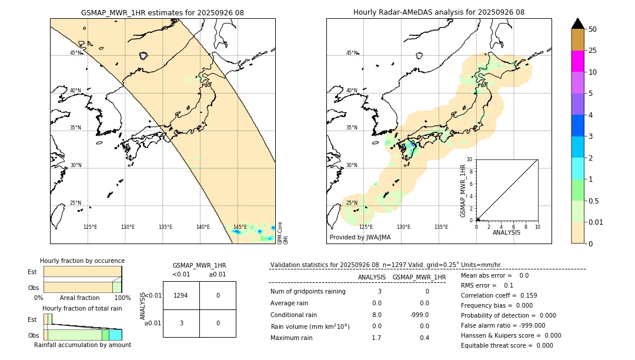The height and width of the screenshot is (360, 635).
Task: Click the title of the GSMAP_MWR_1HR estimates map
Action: pyautogui.click(x=162, y=12)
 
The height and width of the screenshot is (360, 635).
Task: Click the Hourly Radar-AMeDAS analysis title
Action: pyautogui.click(x=439, y=12)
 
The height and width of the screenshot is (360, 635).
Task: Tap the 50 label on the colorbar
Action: pyautogui.click(x=593, y=29)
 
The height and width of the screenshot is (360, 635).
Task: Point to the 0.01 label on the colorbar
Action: pyautogui.click(x=596, y=222)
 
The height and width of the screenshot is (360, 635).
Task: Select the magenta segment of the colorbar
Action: pyautogui.click(x=577, y=61)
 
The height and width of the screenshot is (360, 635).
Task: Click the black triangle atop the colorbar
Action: pyautogui.click(x=577, y=24)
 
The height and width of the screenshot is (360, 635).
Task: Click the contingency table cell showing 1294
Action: pyautogui.click(x=181, y=295)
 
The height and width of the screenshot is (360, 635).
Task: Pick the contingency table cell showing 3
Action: pyautogui.click(x=181, y=323)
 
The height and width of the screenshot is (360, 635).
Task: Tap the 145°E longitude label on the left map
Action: pyautogui.click(x=240, y=227)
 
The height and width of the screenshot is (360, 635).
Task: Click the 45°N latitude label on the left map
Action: pyautogui.click(x=76, y=53)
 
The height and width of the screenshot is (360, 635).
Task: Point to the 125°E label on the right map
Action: pyautogui.click(x=366, y=227)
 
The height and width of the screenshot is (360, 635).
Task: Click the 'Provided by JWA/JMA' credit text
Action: pyautogui.click(x=360, y=238)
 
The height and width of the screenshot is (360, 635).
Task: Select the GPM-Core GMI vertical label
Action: pyautogui.click(x=282, y=233)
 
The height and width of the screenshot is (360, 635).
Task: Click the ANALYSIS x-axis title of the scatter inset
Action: pyautogui.click(x=506, y=232)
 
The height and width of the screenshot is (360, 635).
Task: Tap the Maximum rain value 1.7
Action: pyautogui.click(x=376, y=338)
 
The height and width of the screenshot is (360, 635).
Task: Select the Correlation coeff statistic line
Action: pyautogui.click(x=499, y=295)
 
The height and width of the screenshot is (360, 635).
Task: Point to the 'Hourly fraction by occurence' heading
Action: pyautogui.click(x=82, y=261)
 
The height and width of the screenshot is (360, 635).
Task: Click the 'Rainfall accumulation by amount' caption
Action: pyautogui.click(x=82, y=345)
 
